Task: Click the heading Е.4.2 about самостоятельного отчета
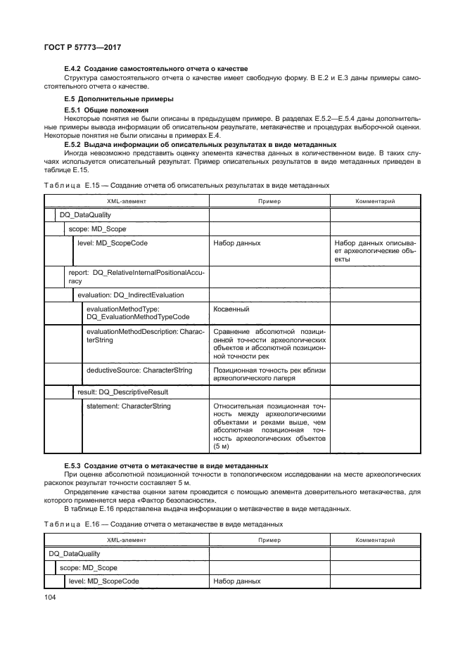(x=155, y=68)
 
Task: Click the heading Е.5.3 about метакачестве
(x=169, y=467)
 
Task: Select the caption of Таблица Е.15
(x=186, y=184)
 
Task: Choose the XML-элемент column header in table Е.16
(x=127, y=540)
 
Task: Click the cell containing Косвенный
(x=231, y=309)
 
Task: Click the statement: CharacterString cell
(x=128, y=406)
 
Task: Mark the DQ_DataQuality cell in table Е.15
(x=80, y=215)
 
